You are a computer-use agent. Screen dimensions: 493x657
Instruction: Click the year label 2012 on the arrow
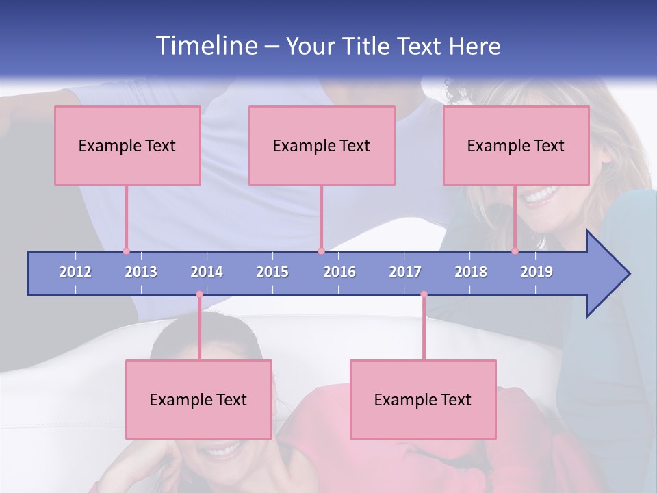(75, 272)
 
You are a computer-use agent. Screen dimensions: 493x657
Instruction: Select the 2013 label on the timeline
(141, 272)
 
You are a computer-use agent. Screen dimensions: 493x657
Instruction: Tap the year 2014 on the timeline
(207, 272)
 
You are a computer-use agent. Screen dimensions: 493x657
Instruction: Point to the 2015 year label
(272, 272)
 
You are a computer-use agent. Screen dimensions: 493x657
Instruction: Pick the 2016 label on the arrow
(339, 272)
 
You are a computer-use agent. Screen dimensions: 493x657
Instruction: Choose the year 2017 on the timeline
(405, 272)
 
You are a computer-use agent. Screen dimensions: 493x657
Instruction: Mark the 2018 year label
(471, 272)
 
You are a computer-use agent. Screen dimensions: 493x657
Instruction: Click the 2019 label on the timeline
(537, 272)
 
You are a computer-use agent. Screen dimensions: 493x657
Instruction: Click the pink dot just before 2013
(126, 251)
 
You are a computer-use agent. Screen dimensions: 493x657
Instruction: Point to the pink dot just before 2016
(321, 251)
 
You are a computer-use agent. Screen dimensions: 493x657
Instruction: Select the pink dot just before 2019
(515, 251)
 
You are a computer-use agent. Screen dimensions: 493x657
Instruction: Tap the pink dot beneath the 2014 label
(199, 294)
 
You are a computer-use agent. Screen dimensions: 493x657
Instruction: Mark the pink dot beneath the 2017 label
(424, 294)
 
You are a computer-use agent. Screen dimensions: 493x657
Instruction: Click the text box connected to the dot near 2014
(198, 399)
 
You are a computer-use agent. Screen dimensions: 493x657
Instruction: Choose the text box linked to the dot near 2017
(423, 399)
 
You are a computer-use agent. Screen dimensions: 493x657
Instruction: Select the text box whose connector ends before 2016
(322, 145)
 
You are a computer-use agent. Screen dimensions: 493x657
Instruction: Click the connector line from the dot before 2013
(126, 218)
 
